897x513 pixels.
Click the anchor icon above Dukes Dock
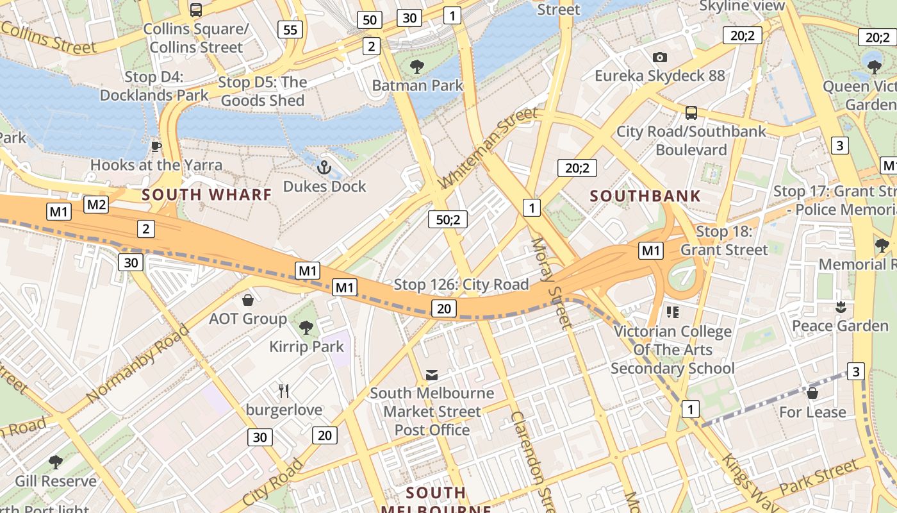(324, 168)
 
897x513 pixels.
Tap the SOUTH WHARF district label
(207, 195)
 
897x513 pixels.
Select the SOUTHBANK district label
(645, 196)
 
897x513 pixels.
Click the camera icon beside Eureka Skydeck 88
(659, 58)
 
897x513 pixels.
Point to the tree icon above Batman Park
(417, 66)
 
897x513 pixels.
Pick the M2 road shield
(96, 205)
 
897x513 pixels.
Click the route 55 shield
(290, 29)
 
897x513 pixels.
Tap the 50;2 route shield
(448, 219)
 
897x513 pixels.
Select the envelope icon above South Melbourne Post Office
(432, 374)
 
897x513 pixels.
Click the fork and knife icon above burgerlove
(284, 391)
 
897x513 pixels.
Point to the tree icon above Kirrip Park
(306, 328)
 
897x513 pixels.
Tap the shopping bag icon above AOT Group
(248, 300)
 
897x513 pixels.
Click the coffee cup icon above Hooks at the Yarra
(156, 146)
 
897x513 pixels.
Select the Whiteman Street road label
(488, 148)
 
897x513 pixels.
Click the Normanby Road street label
(138, 364)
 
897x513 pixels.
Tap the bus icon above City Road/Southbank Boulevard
(691, 113)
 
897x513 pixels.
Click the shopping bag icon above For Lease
(812, 392)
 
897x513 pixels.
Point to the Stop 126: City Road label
(461, 284)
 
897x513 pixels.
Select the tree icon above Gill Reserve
(56, 462)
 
